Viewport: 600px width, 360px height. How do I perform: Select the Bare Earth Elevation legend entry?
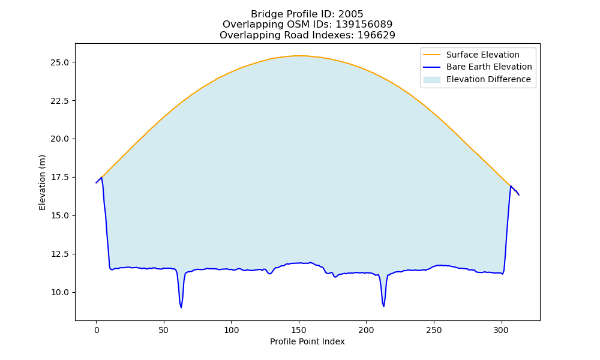478,67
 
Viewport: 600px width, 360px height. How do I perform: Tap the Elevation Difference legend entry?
477,79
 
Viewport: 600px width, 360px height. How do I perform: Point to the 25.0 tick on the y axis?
59,62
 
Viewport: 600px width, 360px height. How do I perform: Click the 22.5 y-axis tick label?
59,101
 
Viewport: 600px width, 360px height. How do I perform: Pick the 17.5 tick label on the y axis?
59,177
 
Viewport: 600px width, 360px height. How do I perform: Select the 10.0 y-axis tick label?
59,292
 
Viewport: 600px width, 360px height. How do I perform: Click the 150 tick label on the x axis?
298,330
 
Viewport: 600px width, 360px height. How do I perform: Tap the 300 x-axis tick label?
501,330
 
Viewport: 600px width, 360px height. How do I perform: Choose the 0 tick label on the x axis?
97,330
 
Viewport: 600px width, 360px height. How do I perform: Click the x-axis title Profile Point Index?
307,341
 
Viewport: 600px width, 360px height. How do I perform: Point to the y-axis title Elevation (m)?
42,182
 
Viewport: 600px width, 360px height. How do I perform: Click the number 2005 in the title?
350,14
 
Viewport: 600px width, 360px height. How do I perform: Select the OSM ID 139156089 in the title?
364,25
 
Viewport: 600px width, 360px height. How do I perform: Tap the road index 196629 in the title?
376,35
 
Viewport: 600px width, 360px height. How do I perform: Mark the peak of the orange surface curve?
299,56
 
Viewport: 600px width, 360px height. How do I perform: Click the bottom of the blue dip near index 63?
181,308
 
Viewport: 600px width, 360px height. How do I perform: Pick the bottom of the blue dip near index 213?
383,307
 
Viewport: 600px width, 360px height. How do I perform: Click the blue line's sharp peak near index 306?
511,186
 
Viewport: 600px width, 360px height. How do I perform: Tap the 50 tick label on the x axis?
164,330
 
